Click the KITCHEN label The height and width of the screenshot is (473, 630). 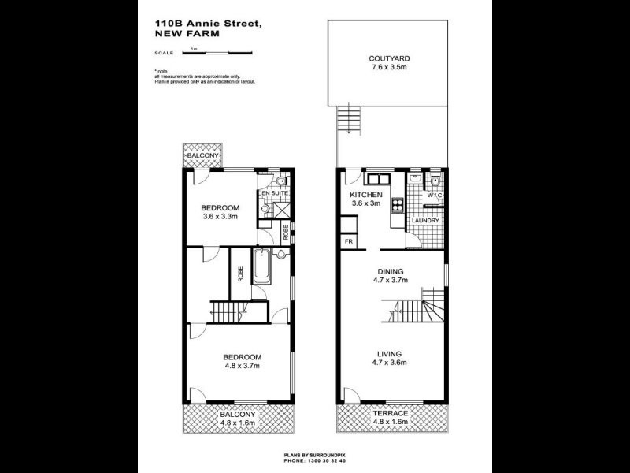366,195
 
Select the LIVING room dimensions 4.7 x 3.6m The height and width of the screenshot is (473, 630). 389,363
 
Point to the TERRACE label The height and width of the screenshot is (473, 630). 390,414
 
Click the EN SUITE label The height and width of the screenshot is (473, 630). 276,192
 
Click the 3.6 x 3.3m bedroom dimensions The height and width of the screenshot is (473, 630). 220,216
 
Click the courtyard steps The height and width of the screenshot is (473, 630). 346,121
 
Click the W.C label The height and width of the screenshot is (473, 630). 435,196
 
